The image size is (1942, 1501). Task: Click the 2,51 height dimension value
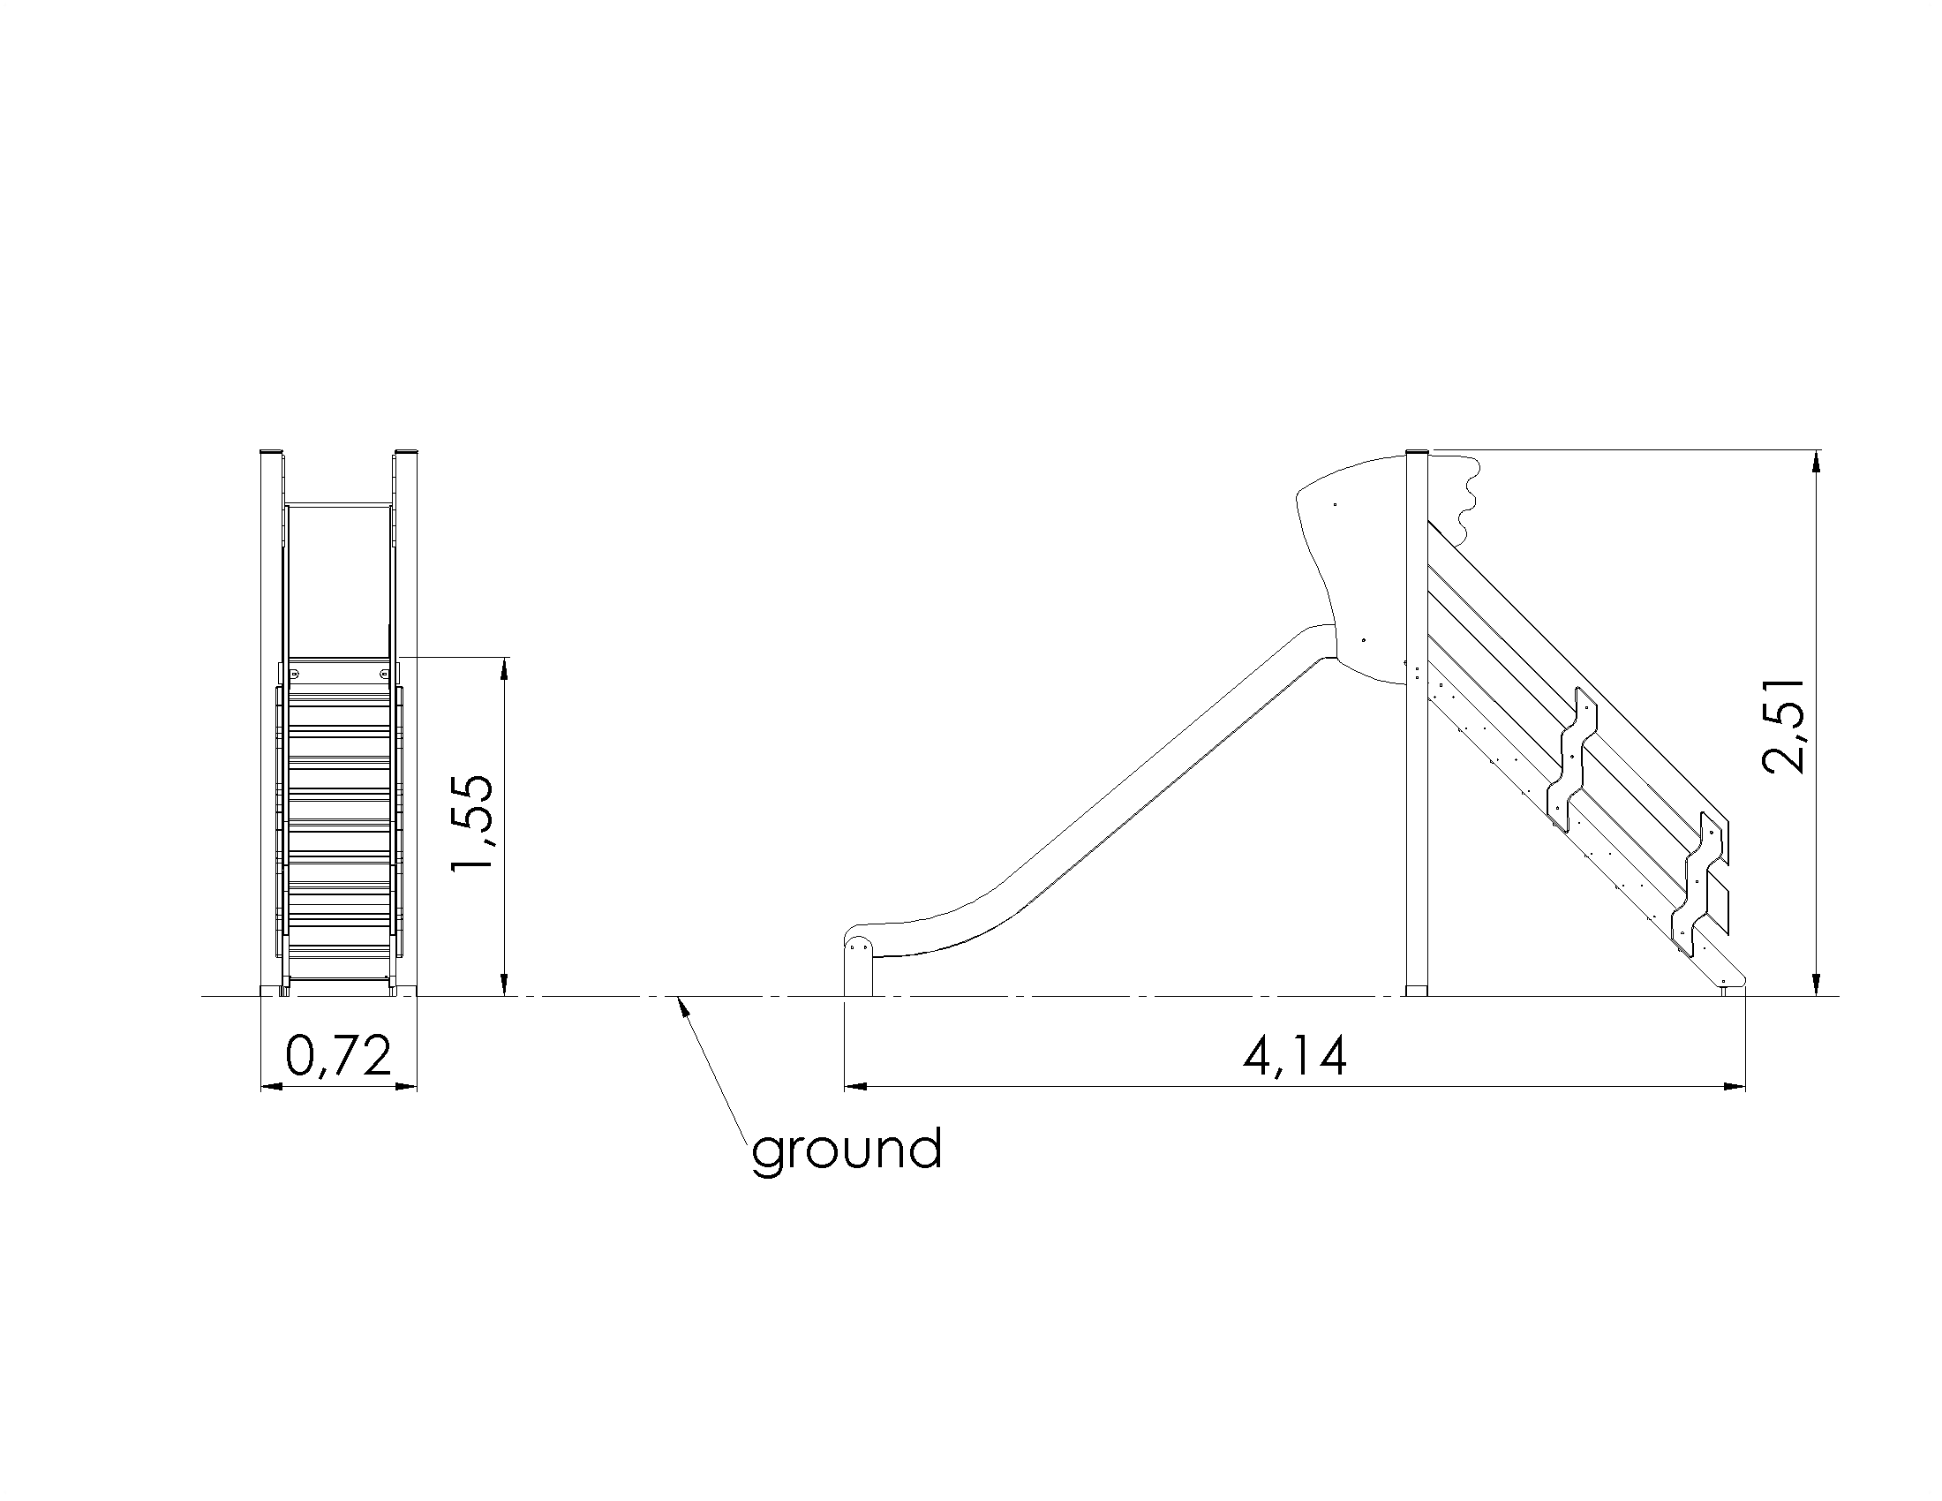click(x=1783, y=727)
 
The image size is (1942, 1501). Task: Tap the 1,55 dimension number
click(x=471, y=824)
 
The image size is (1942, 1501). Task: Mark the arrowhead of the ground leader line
click(x=682, y=1007)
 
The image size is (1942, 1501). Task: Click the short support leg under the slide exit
click(x=858, y=967)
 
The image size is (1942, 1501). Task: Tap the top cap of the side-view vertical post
click(x=1417, y=453)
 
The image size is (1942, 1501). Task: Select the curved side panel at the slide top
click(x=1351, y=569)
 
